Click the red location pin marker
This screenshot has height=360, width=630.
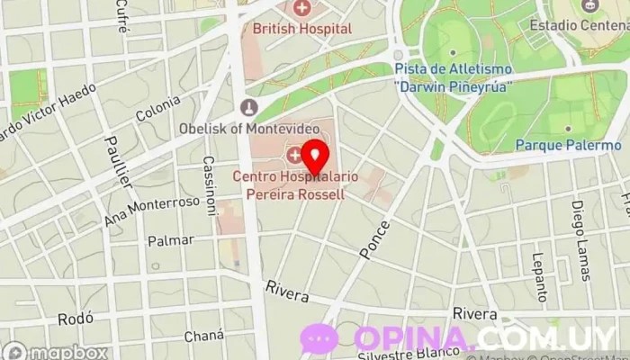(x=314, y=156)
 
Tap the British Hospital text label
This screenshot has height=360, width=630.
(x=301, y=29)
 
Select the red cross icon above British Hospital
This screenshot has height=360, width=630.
(x=301, y=9)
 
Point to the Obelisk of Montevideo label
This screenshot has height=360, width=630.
(x=249, y=128)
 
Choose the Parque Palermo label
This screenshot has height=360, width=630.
(x=568, y=144)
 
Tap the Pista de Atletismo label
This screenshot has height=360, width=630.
(x=453, y=76)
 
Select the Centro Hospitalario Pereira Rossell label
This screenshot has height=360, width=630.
(x=288, y=184)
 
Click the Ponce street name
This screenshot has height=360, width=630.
(x=375, y=239)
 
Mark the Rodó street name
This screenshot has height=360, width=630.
(x=75, y=319)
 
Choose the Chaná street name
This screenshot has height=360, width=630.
(x=203, y=335)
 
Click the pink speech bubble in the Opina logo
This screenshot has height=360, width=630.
(x=319, y=338)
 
